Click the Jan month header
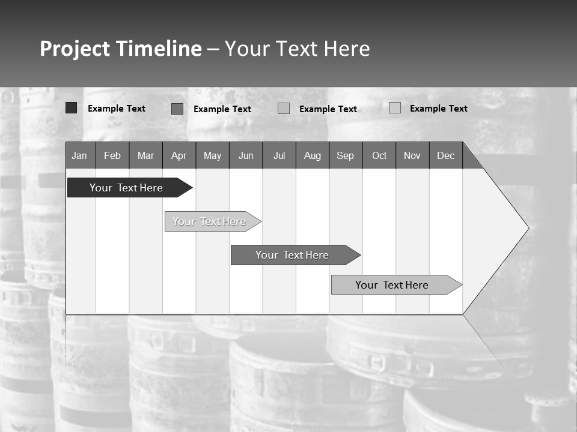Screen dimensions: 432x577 click(x=79, y=155)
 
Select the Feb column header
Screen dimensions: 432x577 click(x=112, y=155)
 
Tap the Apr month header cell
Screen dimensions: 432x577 click(x=179, y=155)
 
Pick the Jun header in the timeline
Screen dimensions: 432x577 click(x=246, y=155)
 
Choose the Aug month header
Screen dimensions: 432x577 click(x=312, y=155)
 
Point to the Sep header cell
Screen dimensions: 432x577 click(x=345, y=155)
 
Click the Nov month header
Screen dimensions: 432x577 click(x=412, y=155)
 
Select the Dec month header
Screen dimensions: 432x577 click(x=445, y=155)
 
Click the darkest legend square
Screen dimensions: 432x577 click(x=72, y=108)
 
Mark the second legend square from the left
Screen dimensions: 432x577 click(x=177, y=109)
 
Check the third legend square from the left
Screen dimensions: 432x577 click(x=284, y=109)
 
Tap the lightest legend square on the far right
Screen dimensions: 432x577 click(x=395, y=108)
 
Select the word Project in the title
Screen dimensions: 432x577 click(x=75, y=49)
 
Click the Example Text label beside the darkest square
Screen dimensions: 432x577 click(x=117, y=109)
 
